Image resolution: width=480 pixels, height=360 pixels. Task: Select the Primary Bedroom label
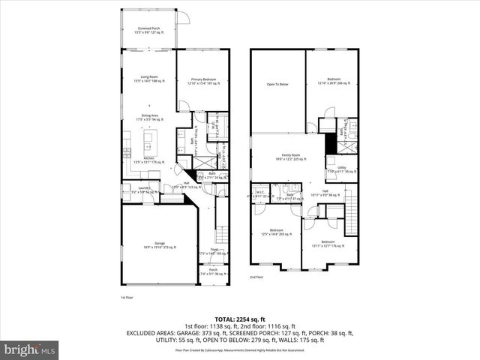pyautogui.click(x=202, y=80)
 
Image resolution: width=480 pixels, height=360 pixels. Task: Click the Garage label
pyautogui.click(x=159, y=244)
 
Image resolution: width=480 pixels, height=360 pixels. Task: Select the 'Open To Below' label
pyautogui.click(x=277, y=84)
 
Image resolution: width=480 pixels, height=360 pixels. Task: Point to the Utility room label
pyautogui.click(x=340, y=169)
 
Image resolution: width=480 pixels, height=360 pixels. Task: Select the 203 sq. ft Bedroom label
pyautogui.click(x=276, y=231)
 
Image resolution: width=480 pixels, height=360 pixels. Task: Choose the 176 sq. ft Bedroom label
pyautogui.click(x=328, y=242)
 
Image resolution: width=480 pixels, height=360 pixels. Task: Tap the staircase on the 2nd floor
pyautogui.click(x=349, y=214)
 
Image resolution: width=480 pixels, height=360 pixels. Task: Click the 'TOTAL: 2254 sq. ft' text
pyautogui.click(x=240, y=319)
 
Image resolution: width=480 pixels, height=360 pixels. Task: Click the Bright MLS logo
pyautogui.click(x=30, y=349)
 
